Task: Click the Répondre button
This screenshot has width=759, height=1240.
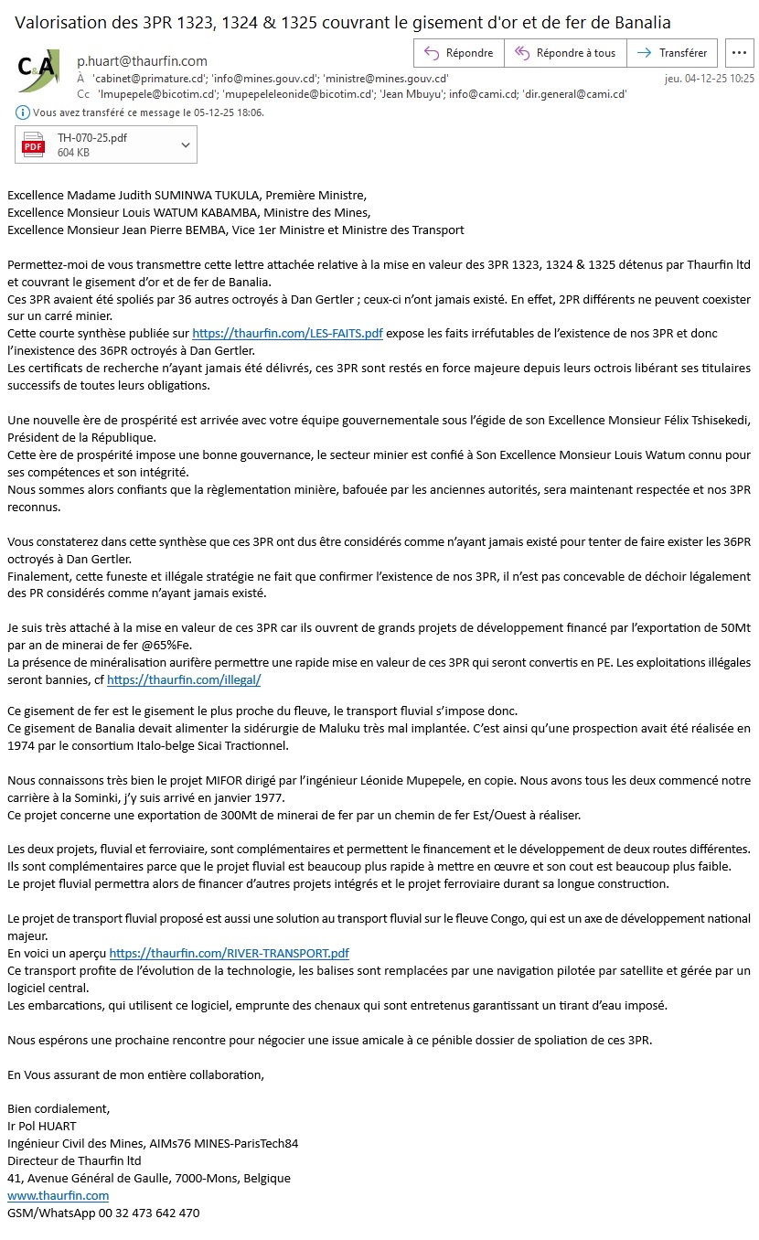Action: (458, 53)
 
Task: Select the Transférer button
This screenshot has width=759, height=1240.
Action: (672, 53)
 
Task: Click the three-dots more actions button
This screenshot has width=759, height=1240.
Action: (739, 53)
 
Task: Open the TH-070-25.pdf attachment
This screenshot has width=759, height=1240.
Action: (91, 144)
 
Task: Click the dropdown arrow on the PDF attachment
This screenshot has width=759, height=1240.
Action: (186, 144)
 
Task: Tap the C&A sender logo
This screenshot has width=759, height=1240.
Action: (38, 70)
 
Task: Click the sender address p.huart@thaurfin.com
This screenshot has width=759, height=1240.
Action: (142, 61)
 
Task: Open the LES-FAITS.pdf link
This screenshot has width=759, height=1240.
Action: (287, 334)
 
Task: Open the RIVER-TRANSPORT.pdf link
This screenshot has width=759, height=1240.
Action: (229, 953)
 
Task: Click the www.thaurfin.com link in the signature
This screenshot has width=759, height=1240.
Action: (59, 1195)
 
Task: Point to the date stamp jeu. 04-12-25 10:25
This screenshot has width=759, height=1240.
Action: (709, 79)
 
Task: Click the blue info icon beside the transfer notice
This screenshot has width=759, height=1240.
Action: (22, 113)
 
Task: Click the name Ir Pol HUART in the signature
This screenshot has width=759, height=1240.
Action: (42, 1126)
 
